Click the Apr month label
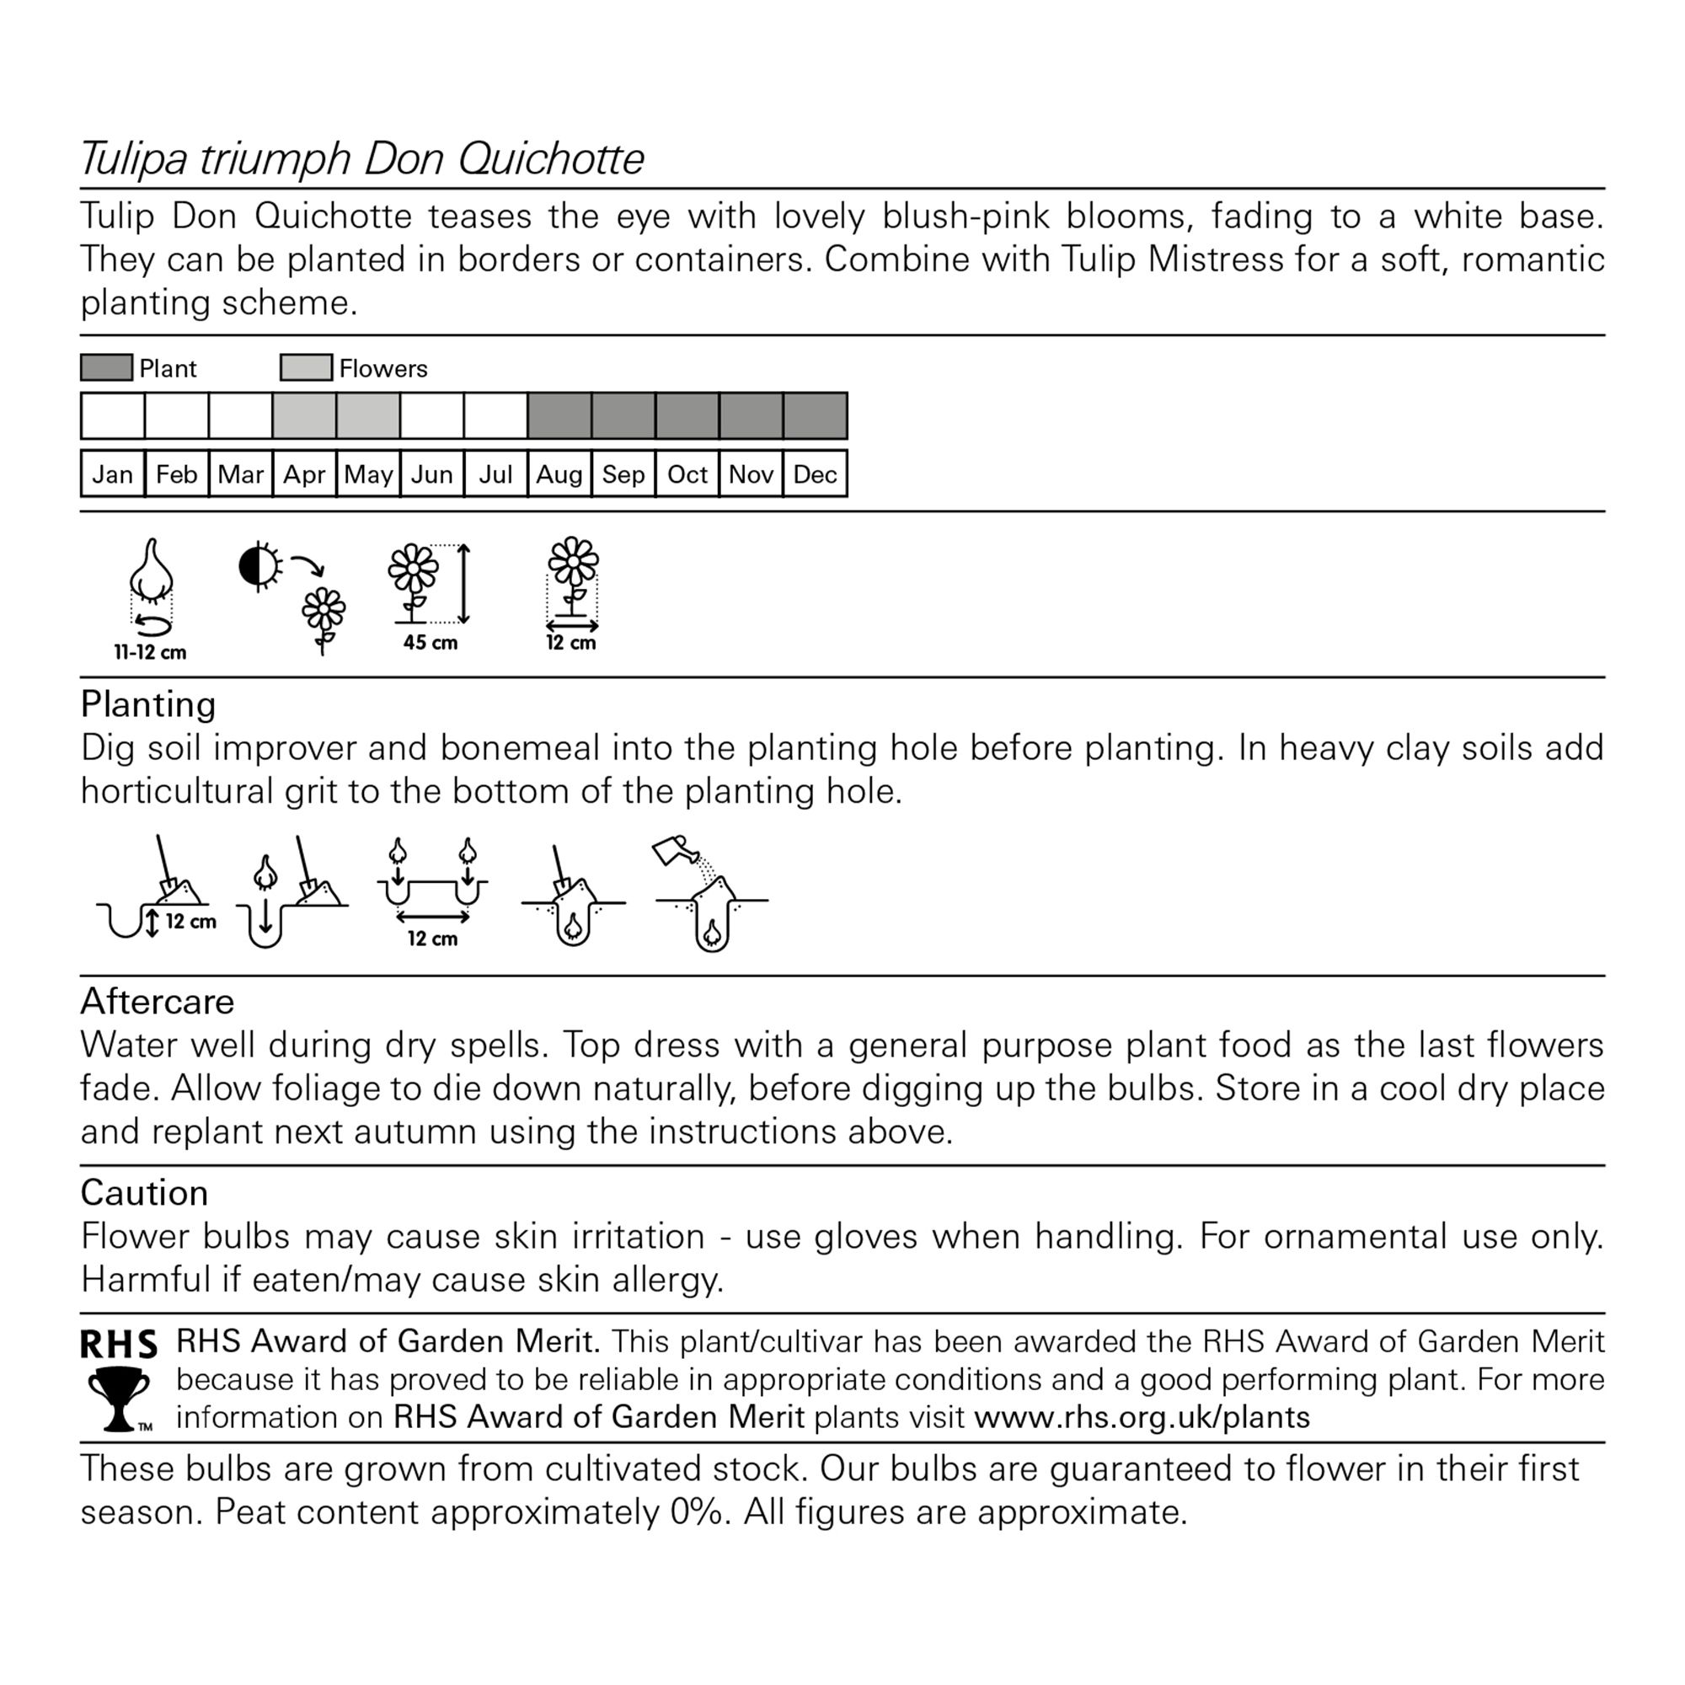303,474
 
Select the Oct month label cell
687,474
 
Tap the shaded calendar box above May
368,416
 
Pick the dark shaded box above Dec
816,416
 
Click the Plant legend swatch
106,367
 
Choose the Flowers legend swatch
306,367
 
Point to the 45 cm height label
430,643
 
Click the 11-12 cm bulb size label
150,652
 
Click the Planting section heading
148,703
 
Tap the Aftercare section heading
157,1001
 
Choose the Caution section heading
145,1192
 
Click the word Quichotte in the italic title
550,158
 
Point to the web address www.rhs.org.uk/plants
1142,1417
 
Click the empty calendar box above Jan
113,416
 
